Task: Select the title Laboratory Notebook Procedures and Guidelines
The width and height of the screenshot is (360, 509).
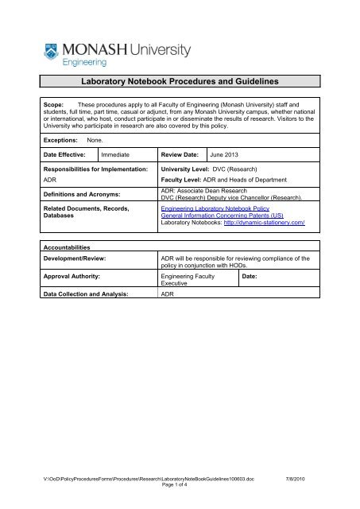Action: point(180,80)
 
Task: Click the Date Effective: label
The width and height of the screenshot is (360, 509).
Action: point(67,157)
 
